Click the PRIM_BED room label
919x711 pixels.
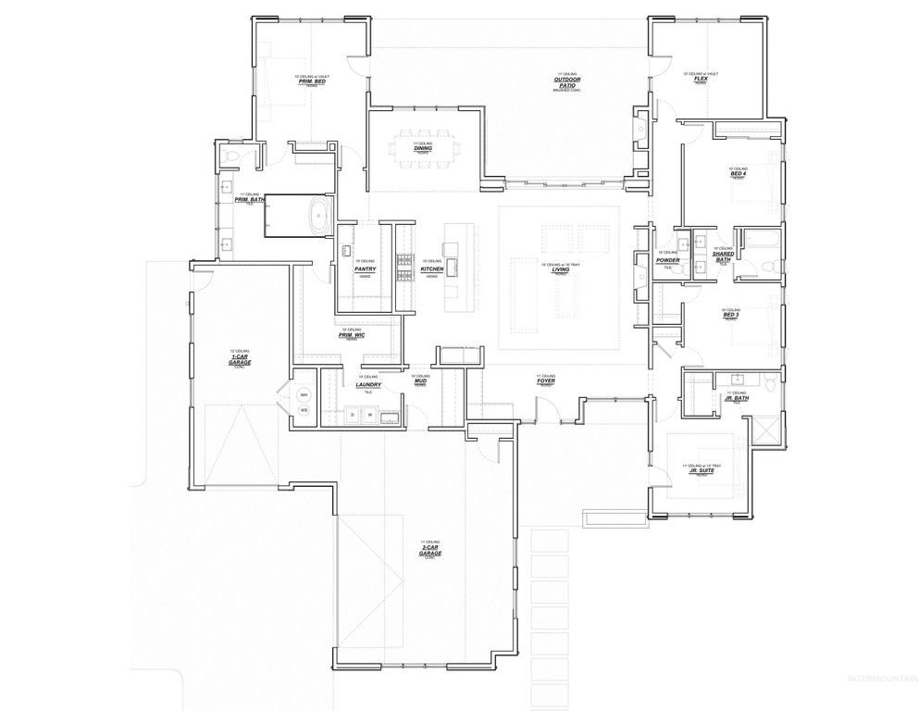[x=311, y=81]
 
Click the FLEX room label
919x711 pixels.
[x=701, y=79]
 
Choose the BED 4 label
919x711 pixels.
[x=738, y=174]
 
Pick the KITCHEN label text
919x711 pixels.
[x=431, y=268]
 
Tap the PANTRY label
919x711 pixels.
[x=365, y=268]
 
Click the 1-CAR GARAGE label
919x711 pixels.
[x=240, y=360]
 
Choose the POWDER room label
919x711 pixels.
[x=667, y=260]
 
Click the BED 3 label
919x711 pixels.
[x=731, y=316]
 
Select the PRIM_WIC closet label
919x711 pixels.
[x=352, y=334]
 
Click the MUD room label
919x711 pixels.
[x=420, y=380]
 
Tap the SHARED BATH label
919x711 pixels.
[x=723, y=257]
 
